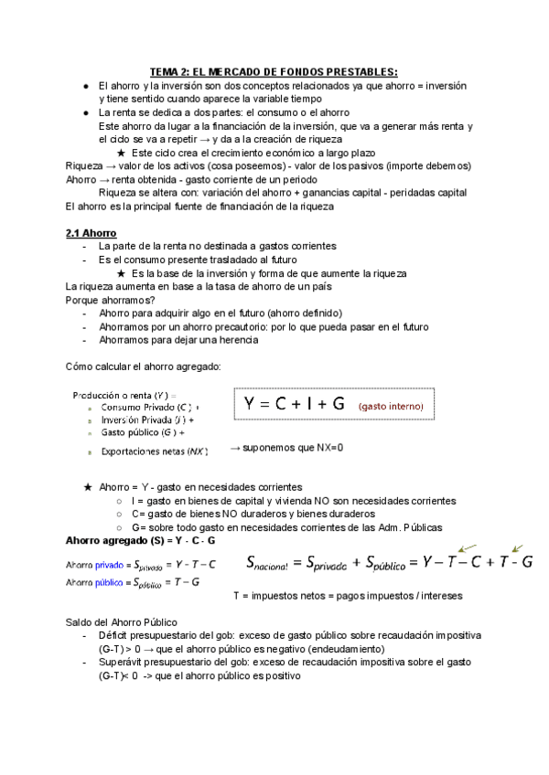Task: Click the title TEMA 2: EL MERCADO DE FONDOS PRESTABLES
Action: click(x=274, y=71)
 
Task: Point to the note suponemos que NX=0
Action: click(x=286, y=448)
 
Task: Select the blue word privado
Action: click(x=108, y=564)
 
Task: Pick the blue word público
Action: click(x=109, y=581)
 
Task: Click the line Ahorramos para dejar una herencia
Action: click(x=178, y=340)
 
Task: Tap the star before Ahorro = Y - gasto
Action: click(x=88, y=487)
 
